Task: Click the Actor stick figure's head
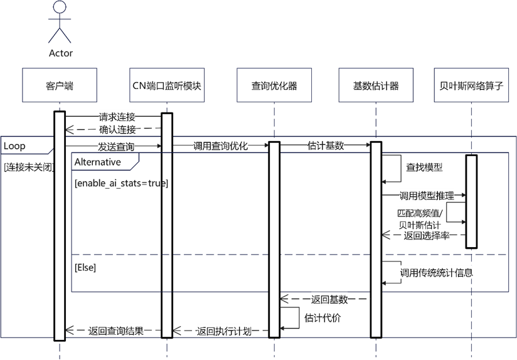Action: click(x=60, y=8)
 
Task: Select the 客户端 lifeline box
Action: click(x=60, y=85)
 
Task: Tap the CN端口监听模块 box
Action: click(x=167, y=85)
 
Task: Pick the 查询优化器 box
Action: click(x=274, y=85)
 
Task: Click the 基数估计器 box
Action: click(x=376, y=85)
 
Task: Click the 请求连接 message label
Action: click(x=117, y=117)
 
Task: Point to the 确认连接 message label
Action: click(x=117, y=130)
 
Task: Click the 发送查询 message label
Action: click(x=115, y=146)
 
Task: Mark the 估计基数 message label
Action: click(x=326, y=146)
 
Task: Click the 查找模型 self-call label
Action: click(x=425, y=167)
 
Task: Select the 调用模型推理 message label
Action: click(x=426, y=196)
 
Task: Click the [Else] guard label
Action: click(x=85, y=268)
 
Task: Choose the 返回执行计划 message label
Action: click(x=224, y=331)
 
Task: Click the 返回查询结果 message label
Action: click(x=116, y=331)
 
